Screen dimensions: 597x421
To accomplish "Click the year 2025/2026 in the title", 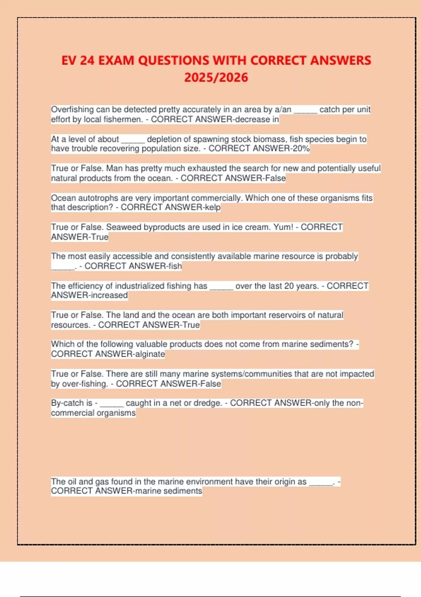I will click(x=216, y=78).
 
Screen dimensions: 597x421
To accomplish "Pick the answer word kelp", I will click(x=213, y=207).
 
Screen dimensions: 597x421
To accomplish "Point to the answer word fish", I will click(x=175, y=266).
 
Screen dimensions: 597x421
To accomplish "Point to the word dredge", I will click(x=208, y=403).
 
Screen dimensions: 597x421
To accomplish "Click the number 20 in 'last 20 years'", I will click(x=289, y=286).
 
